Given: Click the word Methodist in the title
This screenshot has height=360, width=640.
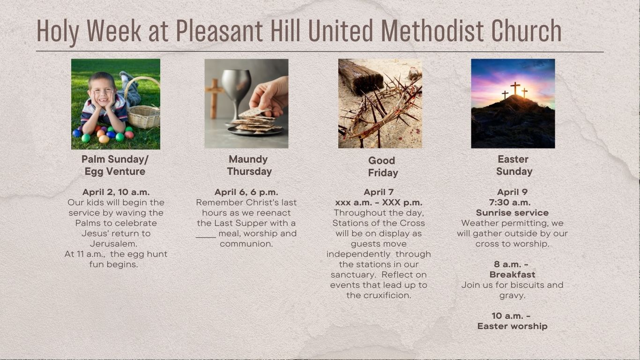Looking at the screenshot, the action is pos(432,30).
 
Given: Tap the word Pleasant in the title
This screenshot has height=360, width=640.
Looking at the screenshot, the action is pos(219,30).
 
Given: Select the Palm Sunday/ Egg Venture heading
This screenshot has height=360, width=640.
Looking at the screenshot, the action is pos(115,165).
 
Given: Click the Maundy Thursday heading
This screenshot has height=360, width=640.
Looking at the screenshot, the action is pos(249,165).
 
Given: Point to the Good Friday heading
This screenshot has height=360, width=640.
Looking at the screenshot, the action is pos(383,167).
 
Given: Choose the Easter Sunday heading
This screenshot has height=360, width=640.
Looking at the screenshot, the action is pos(514,165).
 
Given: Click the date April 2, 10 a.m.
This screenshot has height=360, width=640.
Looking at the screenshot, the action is pos(116,192).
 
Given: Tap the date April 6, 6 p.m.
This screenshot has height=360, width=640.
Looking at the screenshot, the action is pos(246,192).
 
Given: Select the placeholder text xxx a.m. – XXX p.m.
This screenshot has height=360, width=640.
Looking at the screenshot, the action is pos(379,202).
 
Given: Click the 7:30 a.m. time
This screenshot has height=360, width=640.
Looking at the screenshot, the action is pos(510,202).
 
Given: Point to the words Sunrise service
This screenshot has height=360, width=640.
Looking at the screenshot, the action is pos(512,213).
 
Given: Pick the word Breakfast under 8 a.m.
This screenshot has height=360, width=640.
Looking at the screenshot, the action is pos(512,275).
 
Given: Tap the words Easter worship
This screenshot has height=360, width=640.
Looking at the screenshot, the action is pos(512,326).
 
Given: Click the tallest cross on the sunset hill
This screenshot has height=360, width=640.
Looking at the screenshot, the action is pos(515,88).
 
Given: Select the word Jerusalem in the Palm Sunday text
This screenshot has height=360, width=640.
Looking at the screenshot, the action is pos(114,244).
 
